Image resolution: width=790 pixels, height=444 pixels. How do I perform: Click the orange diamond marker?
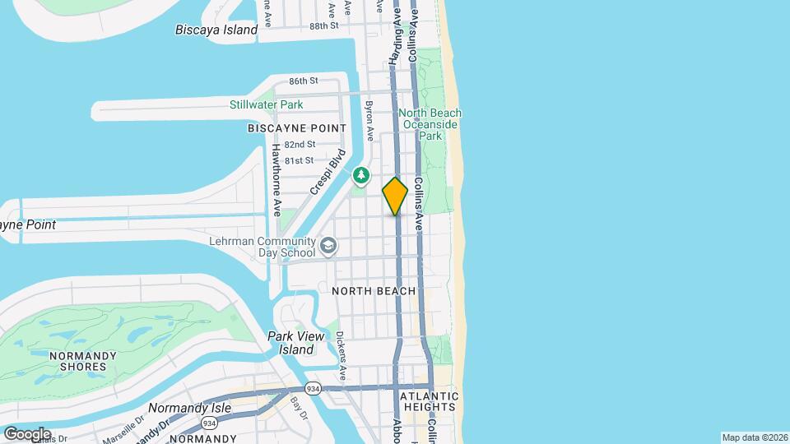(395, 197)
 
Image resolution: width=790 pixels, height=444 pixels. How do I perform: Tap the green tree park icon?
(360, 175)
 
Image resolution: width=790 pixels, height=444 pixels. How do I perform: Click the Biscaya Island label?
(216, 30)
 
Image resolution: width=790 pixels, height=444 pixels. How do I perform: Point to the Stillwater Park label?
(266, 104)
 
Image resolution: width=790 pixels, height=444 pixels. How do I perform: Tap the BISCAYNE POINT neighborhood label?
(297, 128)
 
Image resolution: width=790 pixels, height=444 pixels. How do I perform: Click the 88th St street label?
(324, 26)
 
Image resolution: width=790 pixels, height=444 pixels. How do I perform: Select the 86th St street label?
(303, 81)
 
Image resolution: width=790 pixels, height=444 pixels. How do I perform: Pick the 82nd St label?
(300, 144)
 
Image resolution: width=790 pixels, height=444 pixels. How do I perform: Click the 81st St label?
(299, 160)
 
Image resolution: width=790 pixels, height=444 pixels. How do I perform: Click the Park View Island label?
(290, 342)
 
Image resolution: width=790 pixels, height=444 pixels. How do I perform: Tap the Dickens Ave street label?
(341, 354)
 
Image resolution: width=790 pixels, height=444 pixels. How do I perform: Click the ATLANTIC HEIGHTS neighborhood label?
(428, 401)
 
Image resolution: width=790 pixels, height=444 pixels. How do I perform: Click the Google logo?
(26, 433)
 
